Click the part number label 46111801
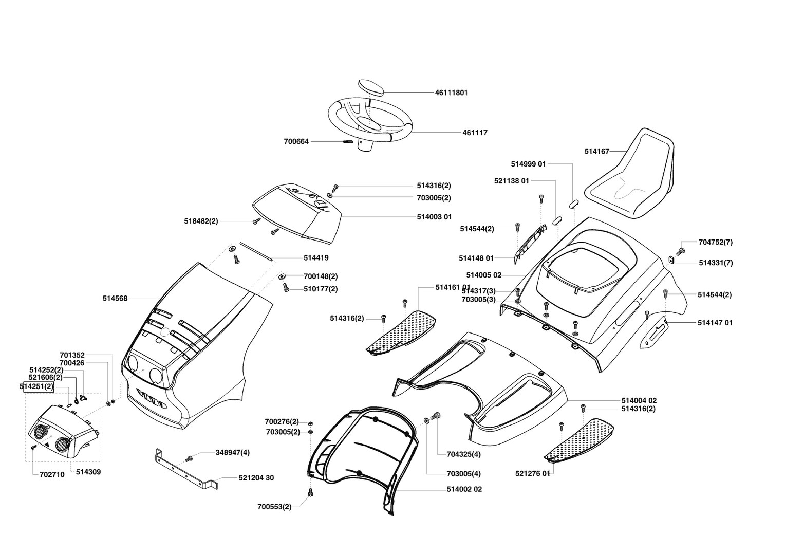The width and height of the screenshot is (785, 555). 451,93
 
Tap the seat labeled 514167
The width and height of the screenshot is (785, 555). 632,175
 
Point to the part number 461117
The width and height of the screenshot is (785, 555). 475,133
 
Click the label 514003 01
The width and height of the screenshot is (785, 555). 434,217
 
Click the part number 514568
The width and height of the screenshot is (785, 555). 115,298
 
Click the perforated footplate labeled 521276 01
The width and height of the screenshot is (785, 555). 581,439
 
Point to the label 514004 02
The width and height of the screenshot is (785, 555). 639,400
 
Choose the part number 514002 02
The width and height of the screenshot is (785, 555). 464,489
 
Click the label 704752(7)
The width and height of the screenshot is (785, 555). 715,242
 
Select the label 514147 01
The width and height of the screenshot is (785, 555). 715,323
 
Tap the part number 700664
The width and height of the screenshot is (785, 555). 296,141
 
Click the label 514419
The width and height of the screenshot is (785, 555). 316,258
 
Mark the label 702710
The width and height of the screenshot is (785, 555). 52,475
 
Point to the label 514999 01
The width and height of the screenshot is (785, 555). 528,164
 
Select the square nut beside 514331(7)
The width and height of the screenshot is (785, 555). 671,260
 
